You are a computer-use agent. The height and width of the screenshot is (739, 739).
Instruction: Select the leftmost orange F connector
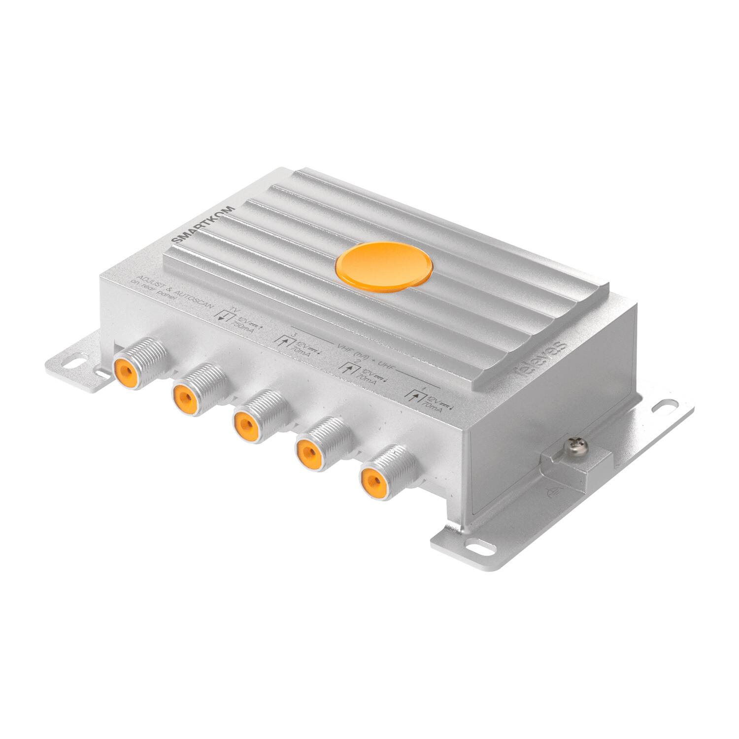(x=124, y=371)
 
